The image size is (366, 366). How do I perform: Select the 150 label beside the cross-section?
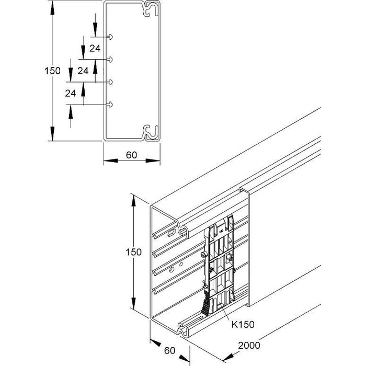click(x=52, y=71)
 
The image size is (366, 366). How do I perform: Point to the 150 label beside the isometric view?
click(x=133, y=252)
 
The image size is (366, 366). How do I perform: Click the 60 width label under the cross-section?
click(x=131, y=155)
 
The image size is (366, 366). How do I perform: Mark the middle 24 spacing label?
click(x=82, y=70)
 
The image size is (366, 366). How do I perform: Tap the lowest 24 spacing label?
click(x=71, y=93)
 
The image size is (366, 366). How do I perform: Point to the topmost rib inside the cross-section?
click(x=110, y=37)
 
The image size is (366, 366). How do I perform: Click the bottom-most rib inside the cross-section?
click(x=110, y=105)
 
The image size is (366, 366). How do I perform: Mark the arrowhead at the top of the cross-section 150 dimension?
click(x=52, y=6)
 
